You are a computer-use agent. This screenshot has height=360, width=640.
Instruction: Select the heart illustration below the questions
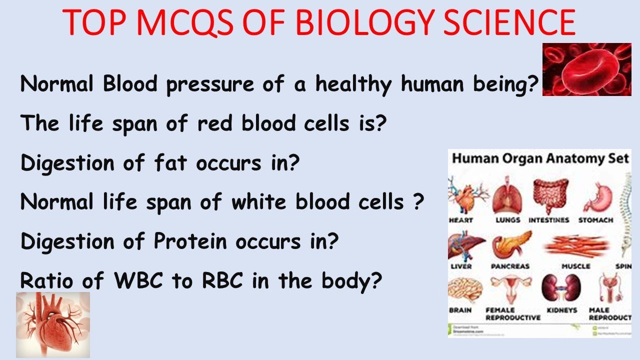click(52, 324)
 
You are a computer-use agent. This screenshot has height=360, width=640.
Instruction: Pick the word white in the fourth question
click(259, 202)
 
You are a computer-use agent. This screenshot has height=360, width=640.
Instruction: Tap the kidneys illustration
click(558, 288)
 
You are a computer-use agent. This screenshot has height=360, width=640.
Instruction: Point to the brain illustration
click(463, 289)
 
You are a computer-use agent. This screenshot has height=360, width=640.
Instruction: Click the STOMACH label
click(595, 220)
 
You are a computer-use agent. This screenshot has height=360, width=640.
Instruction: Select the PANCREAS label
click(509, 266)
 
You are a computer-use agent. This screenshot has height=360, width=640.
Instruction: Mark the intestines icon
click(549, 195)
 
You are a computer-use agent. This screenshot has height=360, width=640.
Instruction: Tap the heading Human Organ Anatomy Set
click(540, 159)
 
